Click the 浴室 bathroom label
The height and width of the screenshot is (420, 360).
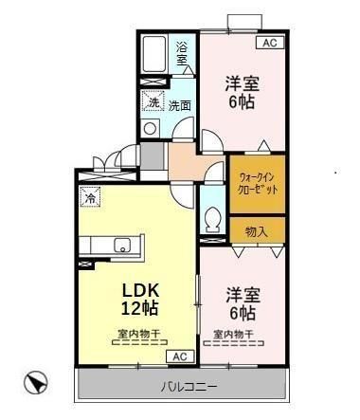(182, 53)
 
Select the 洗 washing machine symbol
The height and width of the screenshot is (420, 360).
(152, 103)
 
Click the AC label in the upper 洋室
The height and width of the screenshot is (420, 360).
(269, 43)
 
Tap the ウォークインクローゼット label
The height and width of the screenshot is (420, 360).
(257, 182)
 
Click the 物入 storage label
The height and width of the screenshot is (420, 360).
(256, 231)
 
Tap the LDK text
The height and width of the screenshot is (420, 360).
(138, 289)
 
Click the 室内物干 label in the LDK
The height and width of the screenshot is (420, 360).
(138, 334)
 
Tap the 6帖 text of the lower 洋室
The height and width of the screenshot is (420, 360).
(242, 311)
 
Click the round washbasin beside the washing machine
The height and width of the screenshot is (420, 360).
(149, 128)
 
